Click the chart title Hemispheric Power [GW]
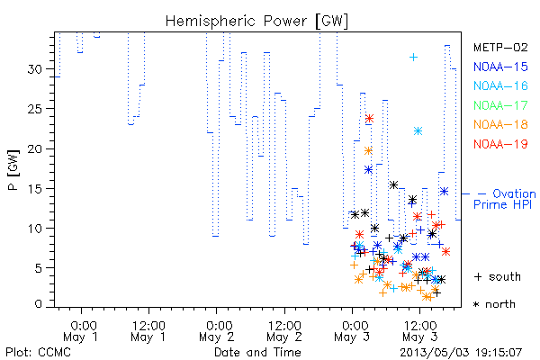tap(256, 22)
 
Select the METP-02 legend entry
tap(500, 47)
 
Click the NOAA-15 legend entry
tap(500, 67)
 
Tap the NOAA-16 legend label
tap(500, 85)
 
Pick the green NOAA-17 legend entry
tap(500, 105)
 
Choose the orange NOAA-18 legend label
tap(500, 124)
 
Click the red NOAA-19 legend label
tap(500, 144)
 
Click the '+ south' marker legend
tap(498, 276)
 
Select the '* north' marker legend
tap(494, 304)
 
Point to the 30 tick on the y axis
tap(35, 69)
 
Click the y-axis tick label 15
tap(35, 189)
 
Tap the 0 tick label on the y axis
tap(39, 304)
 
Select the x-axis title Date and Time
tap(257, 352)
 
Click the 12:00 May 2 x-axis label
tap(284, 331)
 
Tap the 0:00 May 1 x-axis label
tap(81, 331)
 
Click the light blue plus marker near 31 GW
tap(413, 58)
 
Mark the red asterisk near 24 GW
tap(369, 119)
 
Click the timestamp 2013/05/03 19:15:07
tap(461, 353)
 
